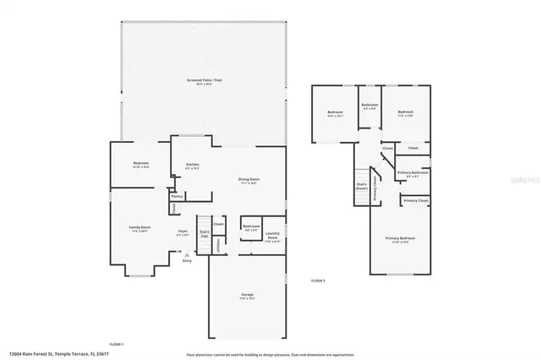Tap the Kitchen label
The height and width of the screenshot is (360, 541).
(x=193, y=166)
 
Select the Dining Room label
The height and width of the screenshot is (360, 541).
(x=249, y=180)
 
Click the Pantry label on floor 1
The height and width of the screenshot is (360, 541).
(x=178, y=196)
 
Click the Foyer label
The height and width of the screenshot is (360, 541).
(x=182, y=232)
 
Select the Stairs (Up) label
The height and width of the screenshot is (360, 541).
(x=204, y=233)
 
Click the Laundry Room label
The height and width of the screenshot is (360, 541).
(x=272, y=236)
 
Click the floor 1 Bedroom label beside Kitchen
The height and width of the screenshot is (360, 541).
(x=140, y=164)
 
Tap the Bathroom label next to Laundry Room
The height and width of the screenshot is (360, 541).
(x=251, y=226)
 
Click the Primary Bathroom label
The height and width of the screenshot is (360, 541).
(x=414, y=173)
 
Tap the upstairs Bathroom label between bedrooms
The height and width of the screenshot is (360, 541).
(x=370, y=106)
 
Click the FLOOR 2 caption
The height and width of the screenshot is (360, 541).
(x=318, y=280)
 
